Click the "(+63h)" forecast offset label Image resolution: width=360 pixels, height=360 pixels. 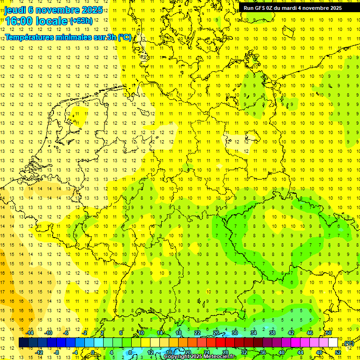point(81,21)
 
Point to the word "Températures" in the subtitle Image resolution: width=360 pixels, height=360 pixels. point(32,37)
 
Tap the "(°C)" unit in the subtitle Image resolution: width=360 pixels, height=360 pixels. point(124,37)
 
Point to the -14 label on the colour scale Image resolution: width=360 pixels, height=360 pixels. point(31,333)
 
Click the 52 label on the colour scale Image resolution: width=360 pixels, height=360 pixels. point(337,352)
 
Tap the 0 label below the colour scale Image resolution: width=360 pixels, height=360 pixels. point(93,352)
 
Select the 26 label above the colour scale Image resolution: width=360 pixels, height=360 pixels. point(216,333)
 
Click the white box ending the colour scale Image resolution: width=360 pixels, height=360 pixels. point(333,343)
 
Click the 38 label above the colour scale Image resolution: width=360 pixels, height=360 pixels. point(272,333)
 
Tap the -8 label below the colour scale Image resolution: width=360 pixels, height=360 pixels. point(57,352)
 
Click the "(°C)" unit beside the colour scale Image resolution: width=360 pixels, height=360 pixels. point(348,343)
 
